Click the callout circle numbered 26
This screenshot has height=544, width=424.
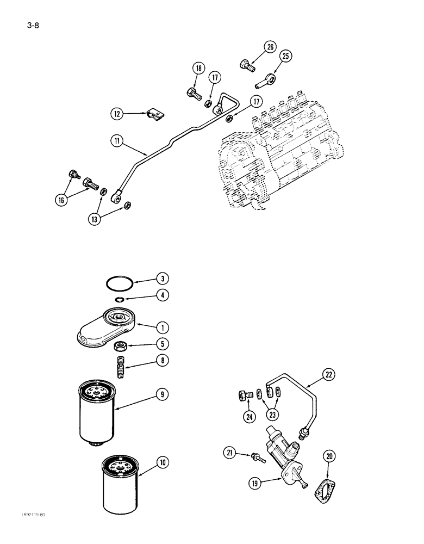(270, 47)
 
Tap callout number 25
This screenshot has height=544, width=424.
(286, 56)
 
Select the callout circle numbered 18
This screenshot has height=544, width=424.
(198, 69)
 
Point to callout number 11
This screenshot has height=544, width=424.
(117, 141)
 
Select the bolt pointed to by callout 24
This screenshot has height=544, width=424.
(244, 395)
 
